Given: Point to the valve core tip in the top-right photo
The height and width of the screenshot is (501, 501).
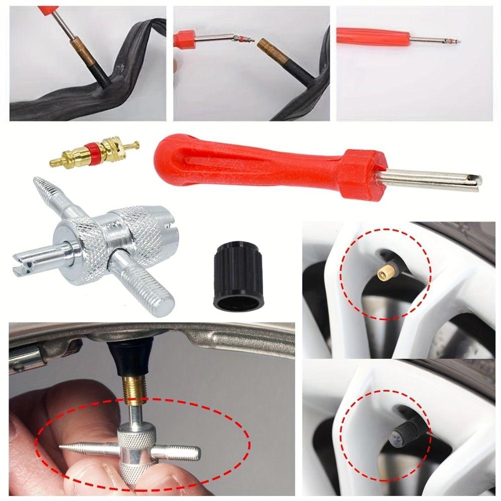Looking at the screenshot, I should pos(456,41).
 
